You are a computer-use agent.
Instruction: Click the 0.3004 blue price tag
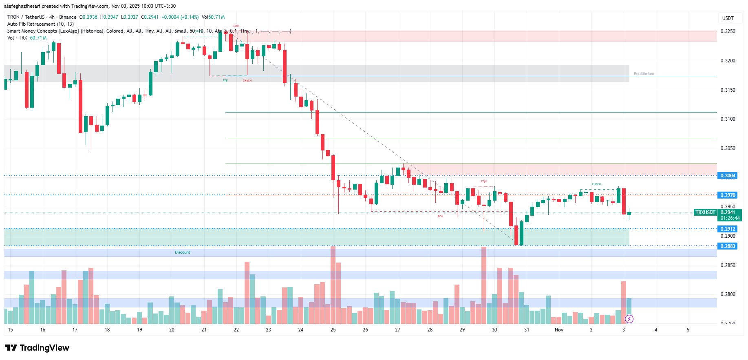(728, 176)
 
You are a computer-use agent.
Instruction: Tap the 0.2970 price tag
(728, 195)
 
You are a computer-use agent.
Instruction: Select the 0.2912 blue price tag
(728, 229)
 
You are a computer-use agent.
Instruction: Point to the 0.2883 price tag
(728, 246)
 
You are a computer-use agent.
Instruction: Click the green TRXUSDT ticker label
(705, 212)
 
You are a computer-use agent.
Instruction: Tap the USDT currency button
(728, 18)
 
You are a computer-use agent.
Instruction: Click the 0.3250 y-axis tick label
(728, 31)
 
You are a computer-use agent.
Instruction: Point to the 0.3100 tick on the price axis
(728, 119)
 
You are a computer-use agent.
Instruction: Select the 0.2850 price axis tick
(728, 265)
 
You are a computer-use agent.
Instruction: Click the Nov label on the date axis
(559, 330)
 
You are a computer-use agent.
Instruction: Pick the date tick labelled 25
(333, 330)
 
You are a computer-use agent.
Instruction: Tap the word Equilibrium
(644, 74)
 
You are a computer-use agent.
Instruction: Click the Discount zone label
(183, 252)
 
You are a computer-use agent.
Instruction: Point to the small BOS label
(440, 216)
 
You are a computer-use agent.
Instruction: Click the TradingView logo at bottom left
(37, 348)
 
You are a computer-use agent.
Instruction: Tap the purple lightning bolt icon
(629, 319)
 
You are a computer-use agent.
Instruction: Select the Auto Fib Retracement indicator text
(40, 24)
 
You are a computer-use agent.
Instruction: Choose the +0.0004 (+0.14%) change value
(180, 17)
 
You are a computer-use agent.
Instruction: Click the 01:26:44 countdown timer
(730, 218)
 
